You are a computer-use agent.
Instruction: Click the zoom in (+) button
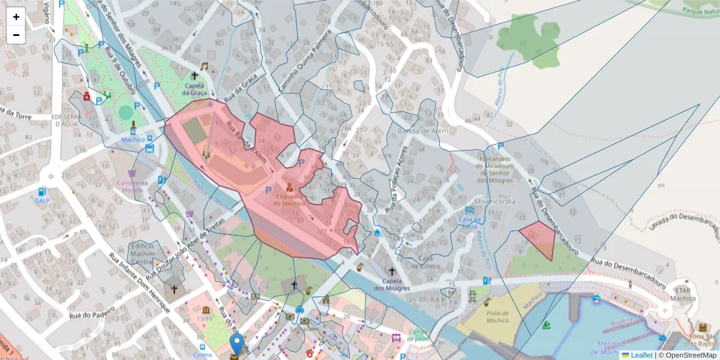(16, 17)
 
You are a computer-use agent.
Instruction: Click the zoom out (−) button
(16, 35)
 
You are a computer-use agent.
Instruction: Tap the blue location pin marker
(238, 344)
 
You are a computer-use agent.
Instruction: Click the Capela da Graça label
(194, 89)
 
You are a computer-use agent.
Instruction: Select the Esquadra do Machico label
(289, 199)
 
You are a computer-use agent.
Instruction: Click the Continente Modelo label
(133, 186)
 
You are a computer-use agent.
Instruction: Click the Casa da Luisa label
(469, 222)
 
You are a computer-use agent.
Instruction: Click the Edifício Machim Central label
(143, 253)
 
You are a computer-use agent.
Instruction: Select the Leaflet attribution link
(641, 355)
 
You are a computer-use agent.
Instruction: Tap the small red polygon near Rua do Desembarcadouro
(539, 237)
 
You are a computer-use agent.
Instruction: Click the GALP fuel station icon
(41, 191)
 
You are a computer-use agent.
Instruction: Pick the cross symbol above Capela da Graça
(194, 76)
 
